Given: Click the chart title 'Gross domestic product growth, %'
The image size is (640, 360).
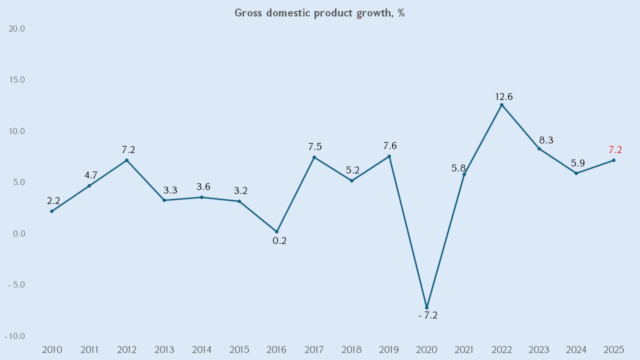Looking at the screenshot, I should pyautogui.click(x=319, y=13).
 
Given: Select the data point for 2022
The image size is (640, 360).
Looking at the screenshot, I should pyautogui.click(x=501, y=105).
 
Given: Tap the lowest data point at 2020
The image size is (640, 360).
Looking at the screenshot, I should pyautogui.click(x=426, y=307).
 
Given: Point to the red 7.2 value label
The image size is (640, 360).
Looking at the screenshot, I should pyautogui.click(x=615, y=149).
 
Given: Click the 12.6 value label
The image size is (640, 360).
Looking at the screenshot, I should pyautogui.click(x=504, y=96).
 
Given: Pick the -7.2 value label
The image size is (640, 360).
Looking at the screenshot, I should pyautogui.click(x=427, y=315).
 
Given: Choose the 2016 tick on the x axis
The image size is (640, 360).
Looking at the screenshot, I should pyautogui.click(x=277, y=349).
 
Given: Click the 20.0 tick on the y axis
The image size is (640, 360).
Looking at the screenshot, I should pyautogui.click(x=17, y=29).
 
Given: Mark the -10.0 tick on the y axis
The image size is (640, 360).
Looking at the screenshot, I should pyautogui.click(x=15, y=336).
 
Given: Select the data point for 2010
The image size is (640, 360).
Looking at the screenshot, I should pyautogui.click(x=52, y=211).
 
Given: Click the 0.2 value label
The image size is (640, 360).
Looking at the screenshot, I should pyautogui.click(x=279, y=240).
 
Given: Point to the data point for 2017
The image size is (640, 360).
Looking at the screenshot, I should pyautogui.click(x=314, y=157).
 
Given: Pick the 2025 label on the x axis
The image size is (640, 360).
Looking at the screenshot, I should pyautogui.click(x=614, y=349).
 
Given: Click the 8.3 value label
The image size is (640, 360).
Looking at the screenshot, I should pyautogui.click(x=546, y=140).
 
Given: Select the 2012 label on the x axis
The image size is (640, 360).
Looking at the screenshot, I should pyautogui.click(x=127, y=349).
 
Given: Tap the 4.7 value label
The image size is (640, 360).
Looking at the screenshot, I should pyautogui.click(x=90, y=175).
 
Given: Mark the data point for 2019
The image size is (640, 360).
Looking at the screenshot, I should pyautogui.click(x=389, y=156).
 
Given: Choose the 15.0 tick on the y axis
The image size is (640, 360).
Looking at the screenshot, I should pyautogui.click(x=17, y=80).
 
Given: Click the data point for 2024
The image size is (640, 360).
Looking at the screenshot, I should pyautogui.click(x=576, y=173).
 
